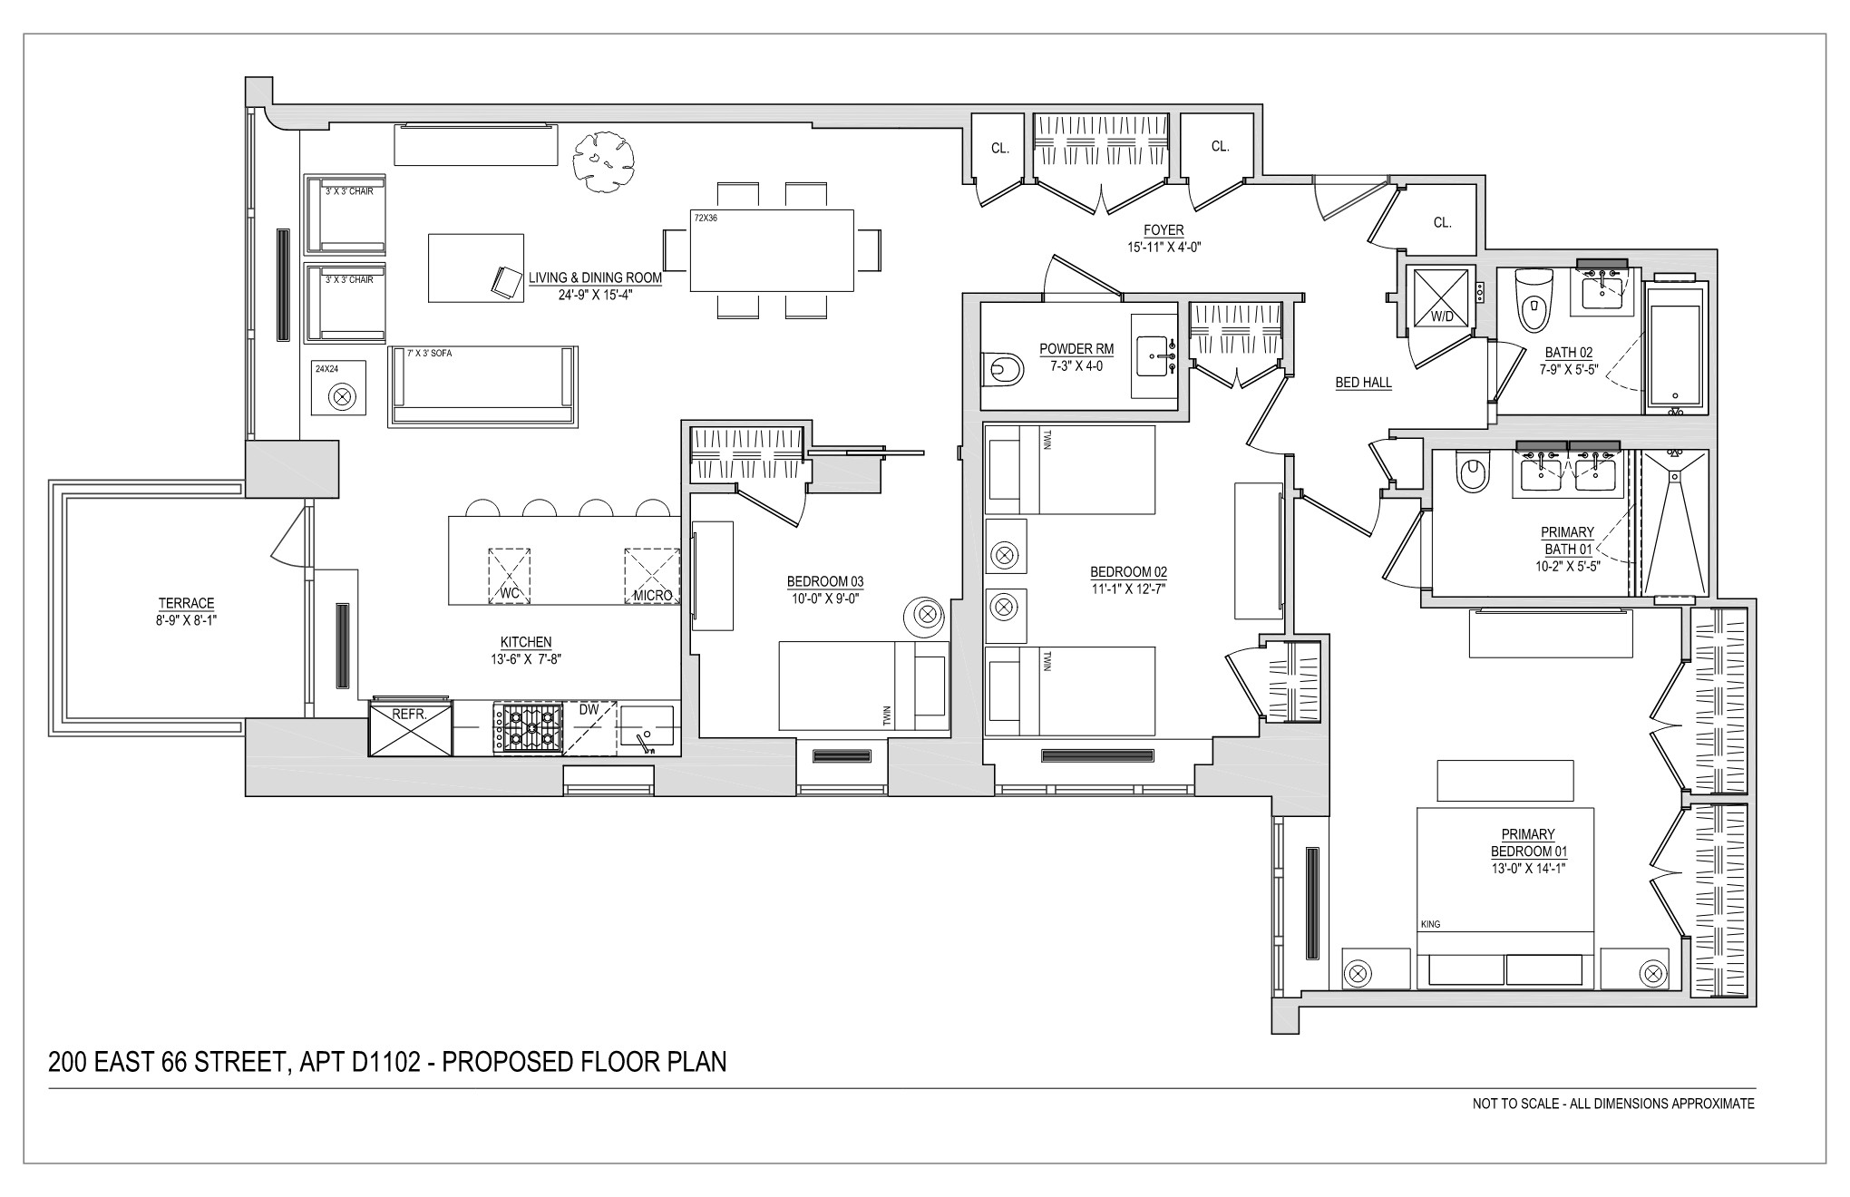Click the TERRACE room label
[186, 603]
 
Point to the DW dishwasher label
[589, 710]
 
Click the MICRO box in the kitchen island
[652, 577]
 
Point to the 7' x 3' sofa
[483, 386]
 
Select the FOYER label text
[1164, 231]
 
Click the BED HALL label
[1363, 383]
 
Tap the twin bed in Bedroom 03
[864, 686]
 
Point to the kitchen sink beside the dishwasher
[647, 729]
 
